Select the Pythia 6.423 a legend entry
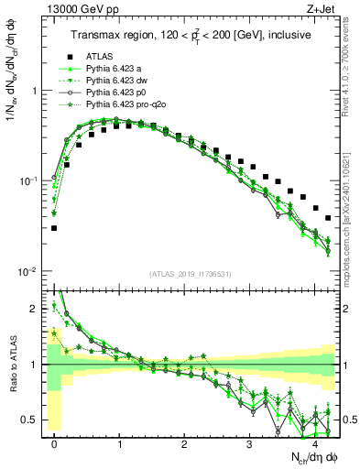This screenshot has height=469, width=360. (115, 69)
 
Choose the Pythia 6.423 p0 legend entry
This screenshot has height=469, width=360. (116, 93)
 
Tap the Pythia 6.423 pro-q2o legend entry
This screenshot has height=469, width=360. (125, 104)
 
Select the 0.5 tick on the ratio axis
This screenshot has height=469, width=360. (29, 420)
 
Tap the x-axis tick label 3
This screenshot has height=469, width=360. (250, 442)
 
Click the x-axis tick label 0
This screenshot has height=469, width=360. (55, 442)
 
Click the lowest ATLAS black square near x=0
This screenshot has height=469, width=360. (54, 228)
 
